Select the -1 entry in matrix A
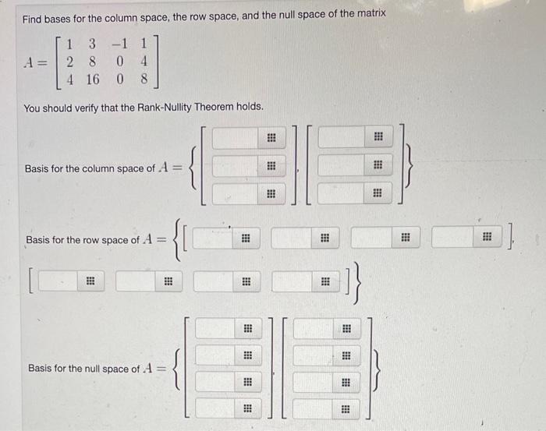pyautogui.click(x=119, y=43)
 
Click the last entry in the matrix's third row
pyautogui.click(x=144, y=79)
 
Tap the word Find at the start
pyautogui.click(x=34, y=14)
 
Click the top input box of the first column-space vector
pyautogui.click(x=233, y=138)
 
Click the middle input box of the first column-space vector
pyautogui.click(x=233, y=165)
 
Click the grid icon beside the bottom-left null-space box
pyautogui.click(x=246, y=408)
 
